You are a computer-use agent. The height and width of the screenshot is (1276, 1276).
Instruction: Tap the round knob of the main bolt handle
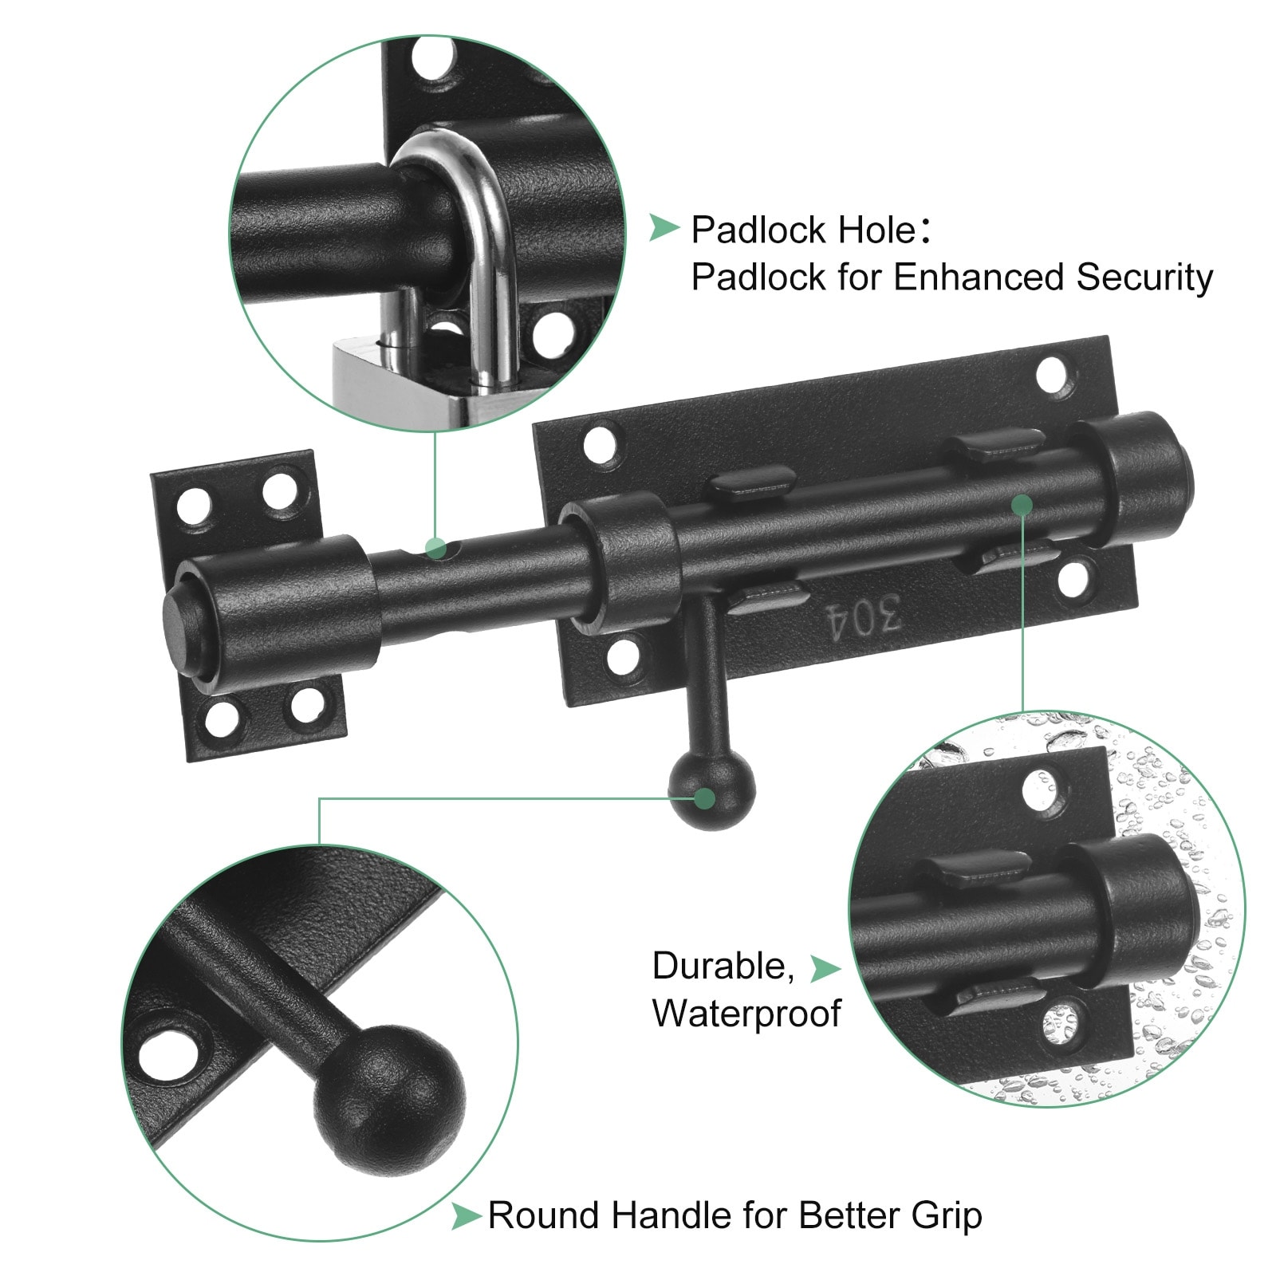click(711, 791)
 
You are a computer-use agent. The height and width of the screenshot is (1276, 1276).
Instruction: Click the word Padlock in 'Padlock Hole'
click(758, 230)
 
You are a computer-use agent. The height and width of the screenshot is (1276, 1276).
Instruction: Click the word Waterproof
click(746, 1013)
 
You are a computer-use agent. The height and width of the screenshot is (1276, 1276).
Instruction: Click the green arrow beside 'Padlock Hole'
click(664, 227)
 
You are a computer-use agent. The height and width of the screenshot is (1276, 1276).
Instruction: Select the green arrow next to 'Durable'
click(825, 968)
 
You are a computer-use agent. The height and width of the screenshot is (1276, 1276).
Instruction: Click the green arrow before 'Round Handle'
click(466, 1217)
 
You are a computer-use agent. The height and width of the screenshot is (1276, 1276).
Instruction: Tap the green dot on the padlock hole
click(435, 548)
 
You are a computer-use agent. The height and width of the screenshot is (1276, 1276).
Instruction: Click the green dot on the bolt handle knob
click(704, 797)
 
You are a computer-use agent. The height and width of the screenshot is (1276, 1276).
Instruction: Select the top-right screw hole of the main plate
click(1053, 375)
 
